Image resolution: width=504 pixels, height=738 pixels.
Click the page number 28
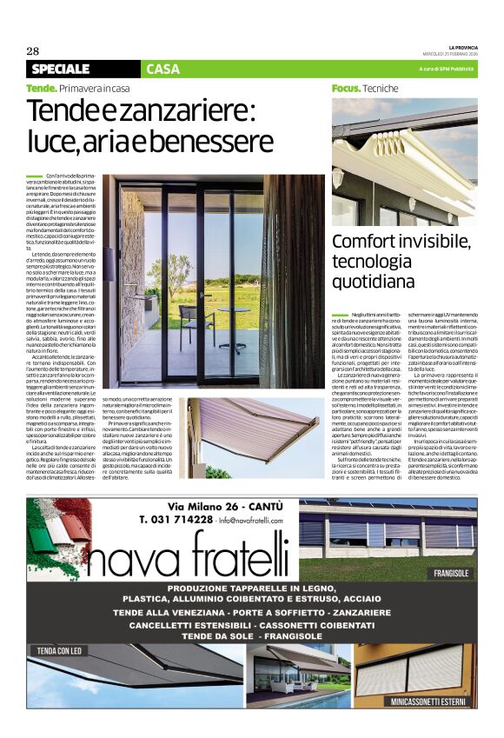[x=33, y=50]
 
